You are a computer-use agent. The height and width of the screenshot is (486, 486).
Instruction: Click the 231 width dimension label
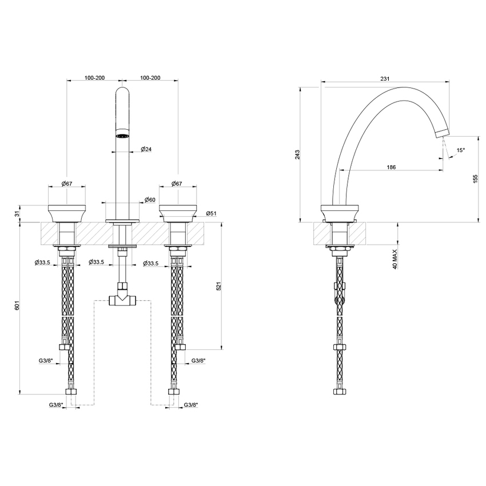[384, 79]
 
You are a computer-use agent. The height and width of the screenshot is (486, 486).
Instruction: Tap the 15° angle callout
[460, 150]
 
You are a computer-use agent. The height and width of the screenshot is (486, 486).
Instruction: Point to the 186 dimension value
[391, 167]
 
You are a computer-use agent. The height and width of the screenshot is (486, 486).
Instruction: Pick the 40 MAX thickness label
[395, 258]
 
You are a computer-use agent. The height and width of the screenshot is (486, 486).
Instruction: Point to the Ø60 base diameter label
[150, 200]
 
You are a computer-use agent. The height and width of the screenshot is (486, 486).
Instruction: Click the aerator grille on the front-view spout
[122, 136]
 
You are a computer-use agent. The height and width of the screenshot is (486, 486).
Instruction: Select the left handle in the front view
[67, 213]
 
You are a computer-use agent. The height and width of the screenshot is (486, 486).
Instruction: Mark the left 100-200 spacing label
[94, 77]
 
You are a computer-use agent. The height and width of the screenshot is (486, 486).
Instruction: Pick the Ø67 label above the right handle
[177, 184]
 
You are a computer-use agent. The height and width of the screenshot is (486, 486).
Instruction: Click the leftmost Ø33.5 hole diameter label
[44, 262]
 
